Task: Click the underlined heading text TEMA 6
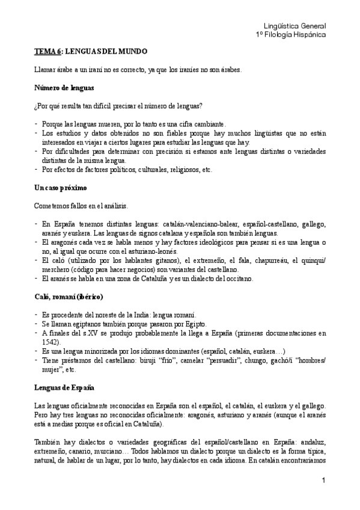(47, 52)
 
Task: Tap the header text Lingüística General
(294, 26)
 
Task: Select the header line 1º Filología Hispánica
(290, 35)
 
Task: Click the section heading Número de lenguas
(64, 88)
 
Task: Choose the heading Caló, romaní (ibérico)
(69, 296)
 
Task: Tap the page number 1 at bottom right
(323, 480)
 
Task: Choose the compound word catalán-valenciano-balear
(185, 224)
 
